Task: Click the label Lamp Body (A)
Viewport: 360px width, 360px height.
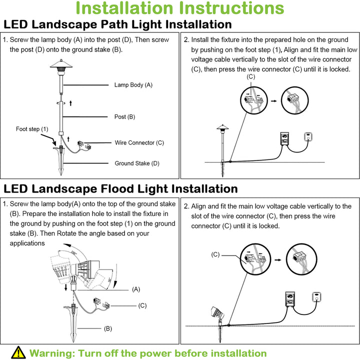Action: pyautogui.click(x=133, y=85)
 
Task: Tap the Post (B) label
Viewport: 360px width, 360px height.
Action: pyautogui.click(x=125, y=117)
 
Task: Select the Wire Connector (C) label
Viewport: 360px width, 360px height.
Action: pyautogui.click(x=139, y=143)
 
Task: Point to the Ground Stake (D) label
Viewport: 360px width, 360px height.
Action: pyautogui.click(x=137, y=163)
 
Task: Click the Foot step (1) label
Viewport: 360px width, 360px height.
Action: pyautogui.click(x=32, y=129)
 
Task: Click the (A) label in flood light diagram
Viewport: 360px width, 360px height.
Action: pyautogui.click(x=136, y=289)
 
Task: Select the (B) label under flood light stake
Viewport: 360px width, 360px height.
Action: pyautogui.click(x=107, y=328)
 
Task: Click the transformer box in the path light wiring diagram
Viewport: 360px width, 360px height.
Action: pyautogui.click(x=284, y=138)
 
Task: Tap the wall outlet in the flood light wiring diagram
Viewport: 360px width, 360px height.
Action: pyautogui.click(x=316, y=297)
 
